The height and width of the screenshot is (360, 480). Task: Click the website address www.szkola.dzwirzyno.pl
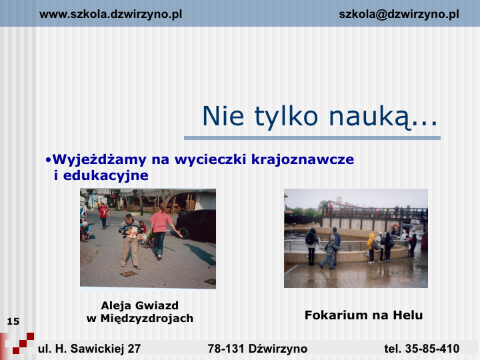click(111, 15)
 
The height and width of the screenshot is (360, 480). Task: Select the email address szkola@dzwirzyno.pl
click(399, 15)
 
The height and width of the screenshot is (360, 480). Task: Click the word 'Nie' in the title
click(223, 116)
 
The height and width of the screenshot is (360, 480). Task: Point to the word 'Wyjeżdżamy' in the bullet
click(99, 160)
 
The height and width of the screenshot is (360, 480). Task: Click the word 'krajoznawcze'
click(303, 159)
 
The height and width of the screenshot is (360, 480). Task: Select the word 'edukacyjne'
click(105, 176)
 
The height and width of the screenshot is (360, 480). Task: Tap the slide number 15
click(13, 321)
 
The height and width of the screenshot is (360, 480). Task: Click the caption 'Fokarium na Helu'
click(364, 315)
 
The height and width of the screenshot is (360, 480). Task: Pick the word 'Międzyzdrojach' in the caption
click(147, 319)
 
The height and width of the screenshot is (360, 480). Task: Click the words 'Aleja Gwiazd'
click(139, 305)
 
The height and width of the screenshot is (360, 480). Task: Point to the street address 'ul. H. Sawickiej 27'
click(89, 349)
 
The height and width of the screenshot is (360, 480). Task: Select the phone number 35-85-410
click(432, 349)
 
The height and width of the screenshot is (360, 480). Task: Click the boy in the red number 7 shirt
click(103, 216)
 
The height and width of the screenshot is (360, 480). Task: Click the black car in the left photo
click(196, 225)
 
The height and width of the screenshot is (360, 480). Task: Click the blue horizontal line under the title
click(312, 138)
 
